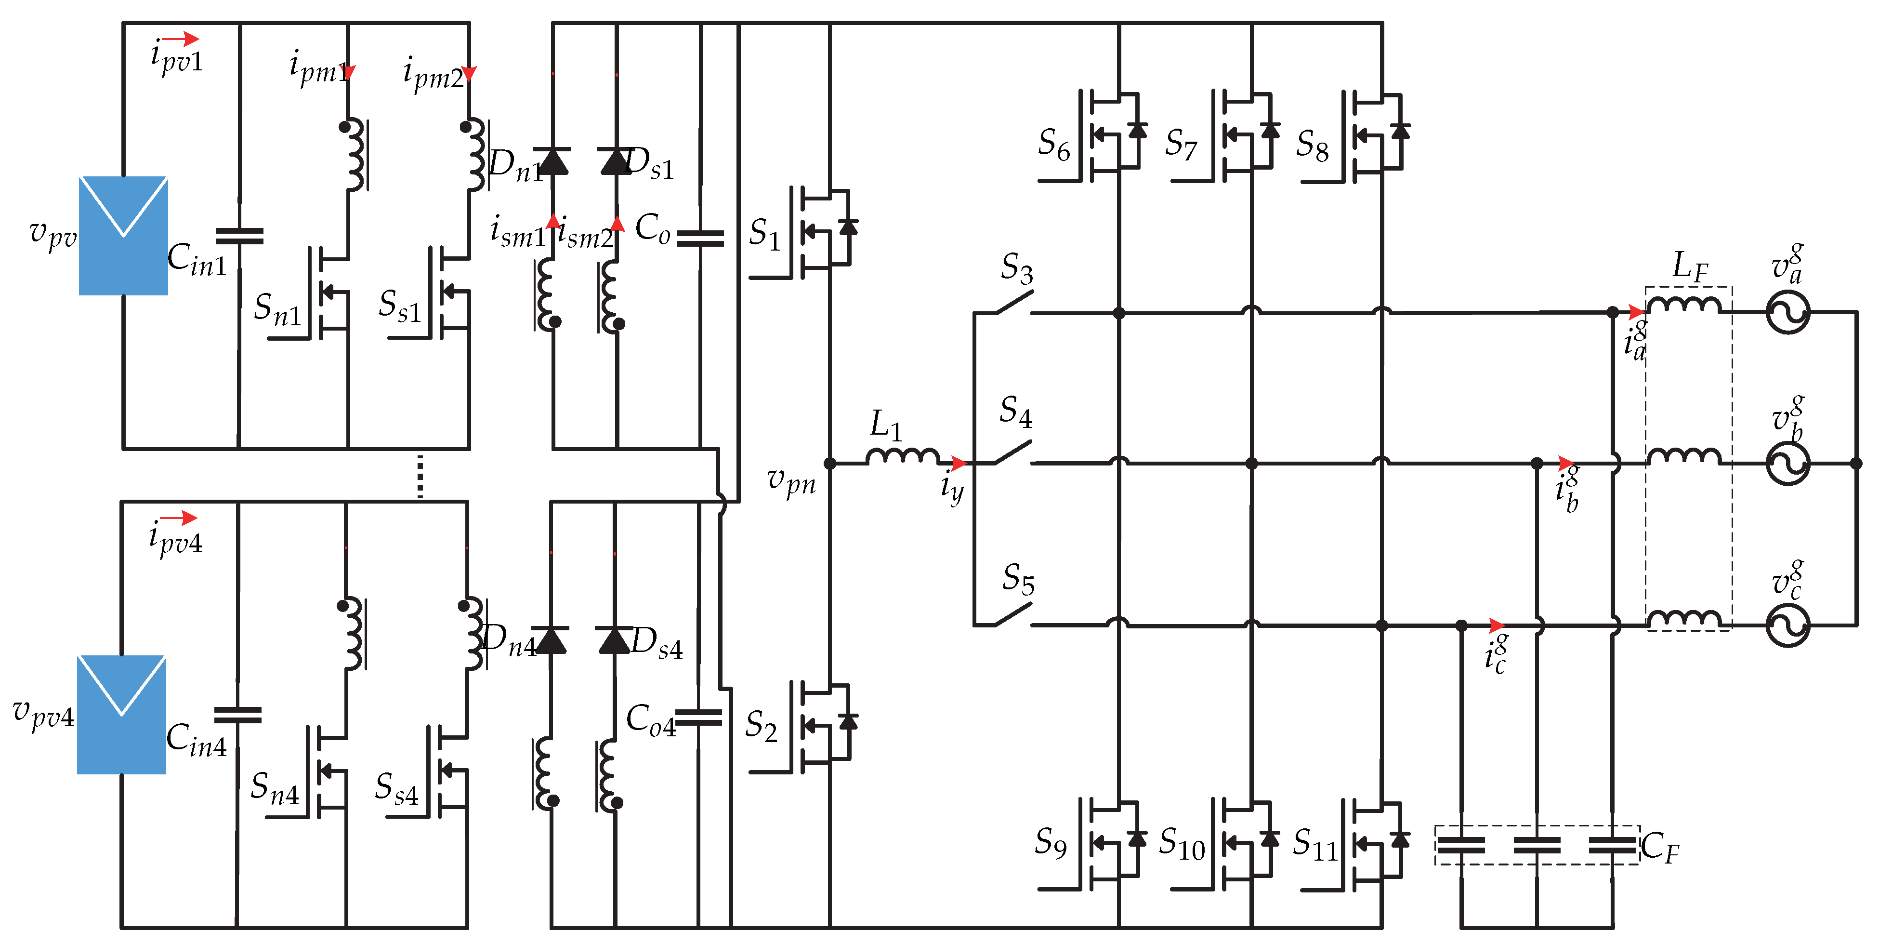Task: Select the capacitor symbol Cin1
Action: tap(239, 236)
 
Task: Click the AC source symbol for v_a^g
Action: tap(1787, 312)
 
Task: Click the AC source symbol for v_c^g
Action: tap(1787, 625)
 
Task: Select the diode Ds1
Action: tap(615, 160)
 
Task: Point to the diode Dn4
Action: tap(550, 640)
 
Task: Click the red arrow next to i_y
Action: tap(959, 463)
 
